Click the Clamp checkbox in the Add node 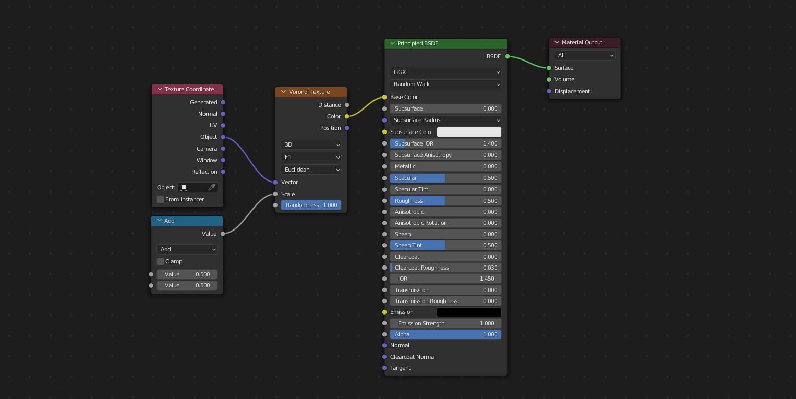pyautogui.click(x=161, y=261)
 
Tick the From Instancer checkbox pyautogui.click(x=161, y=199)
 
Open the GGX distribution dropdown pyautogui.click(x=445, y=72)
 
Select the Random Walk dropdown pyautogui.click(x=445, y=84)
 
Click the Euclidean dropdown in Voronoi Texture pyautogui.click(x=311, y=170)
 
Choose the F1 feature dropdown pyautogui.click(x=311, y=157)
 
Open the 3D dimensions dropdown pyautogui.click(x=311, y=144)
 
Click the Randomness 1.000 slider pyautogui.click(x=311, y=205)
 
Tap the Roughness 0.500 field pyautogui.click(x=445, y=201)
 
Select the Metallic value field pyautogui.click(x=445, y=166)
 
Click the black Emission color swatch pyautogui.click(x=468, y=312)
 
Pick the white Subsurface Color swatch pyautogui.click(x=468, y=132)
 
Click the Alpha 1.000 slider pyautogui.click(x=445, y=334)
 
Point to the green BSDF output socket pyautogui.click(x=508, y=56)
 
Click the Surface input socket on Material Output pyautogui.click(x=549, y=68)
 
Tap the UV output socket pyautogui.click(x=223, y=125)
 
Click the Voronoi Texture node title pyautogui.click(x=309, y=92)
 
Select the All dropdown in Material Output pyautogui.click(x=584, y=55)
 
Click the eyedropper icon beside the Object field pyautogui.click(x=212, y=187)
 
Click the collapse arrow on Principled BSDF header pyautogui.click(x=392, y=43)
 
